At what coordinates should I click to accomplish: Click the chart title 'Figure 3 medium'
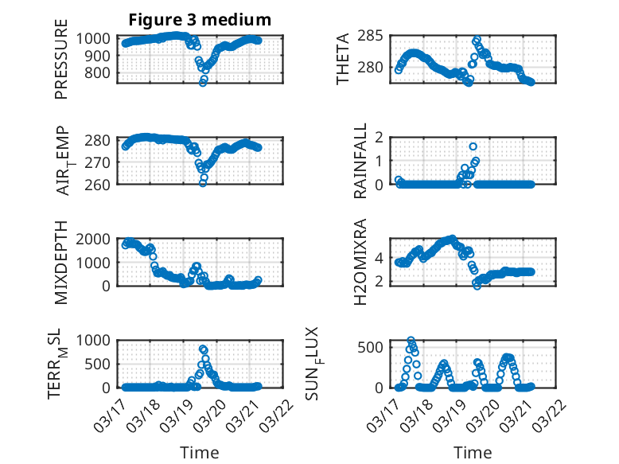pyautogui.click(x=200, y=19)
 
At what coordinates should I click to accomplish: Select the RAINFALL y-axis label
pyautogui.click(x=360, y=160)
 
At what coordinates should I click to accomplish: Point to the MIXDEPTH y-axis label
pyautogui.click(x=61, y=263)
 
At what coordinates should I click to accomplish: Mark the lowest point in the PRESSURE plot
pyautogui.click(x=203, y=82)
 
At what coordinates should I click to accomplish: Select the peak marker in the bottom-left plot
pyautogui.click(x=203, y=349)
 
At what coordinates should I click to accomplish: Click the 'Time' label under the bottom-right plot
pyautogui.click(x=473, y=453)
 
